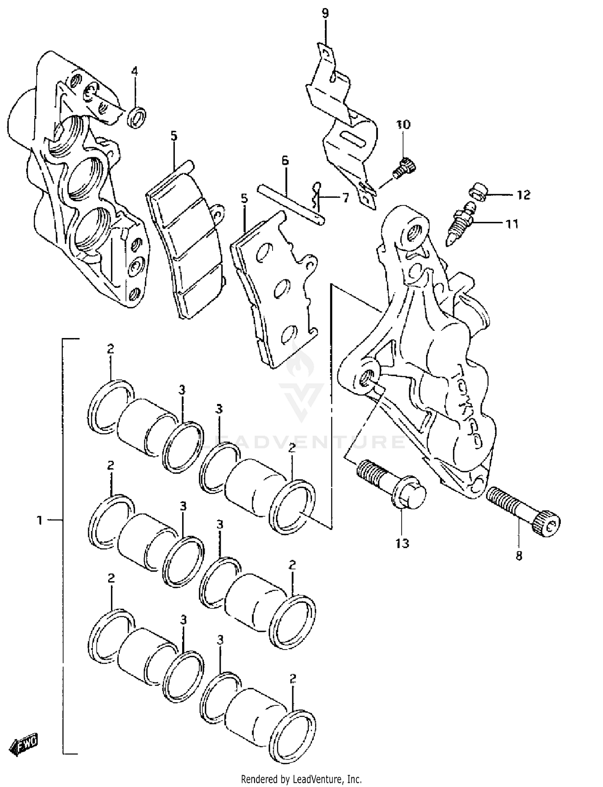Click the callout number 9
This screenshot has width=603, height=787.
click(325, 13)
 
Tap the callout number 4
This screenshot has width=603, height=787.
click(134, 71)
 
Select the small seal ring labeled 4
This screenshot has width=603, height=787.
click(137, 117)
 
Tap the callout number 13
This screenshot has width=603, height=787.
click(402, 543)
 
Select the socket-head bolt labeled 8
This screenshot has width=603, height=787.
click(522, 511)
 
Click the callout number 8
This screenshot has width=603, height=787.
click(519, 556)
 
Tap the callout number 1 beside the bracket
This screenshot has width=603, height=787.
click(39, 521)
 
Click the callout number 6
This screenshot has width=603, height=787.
click(285, 161)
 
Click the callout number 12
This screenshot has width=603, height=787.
click(523, 195)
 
